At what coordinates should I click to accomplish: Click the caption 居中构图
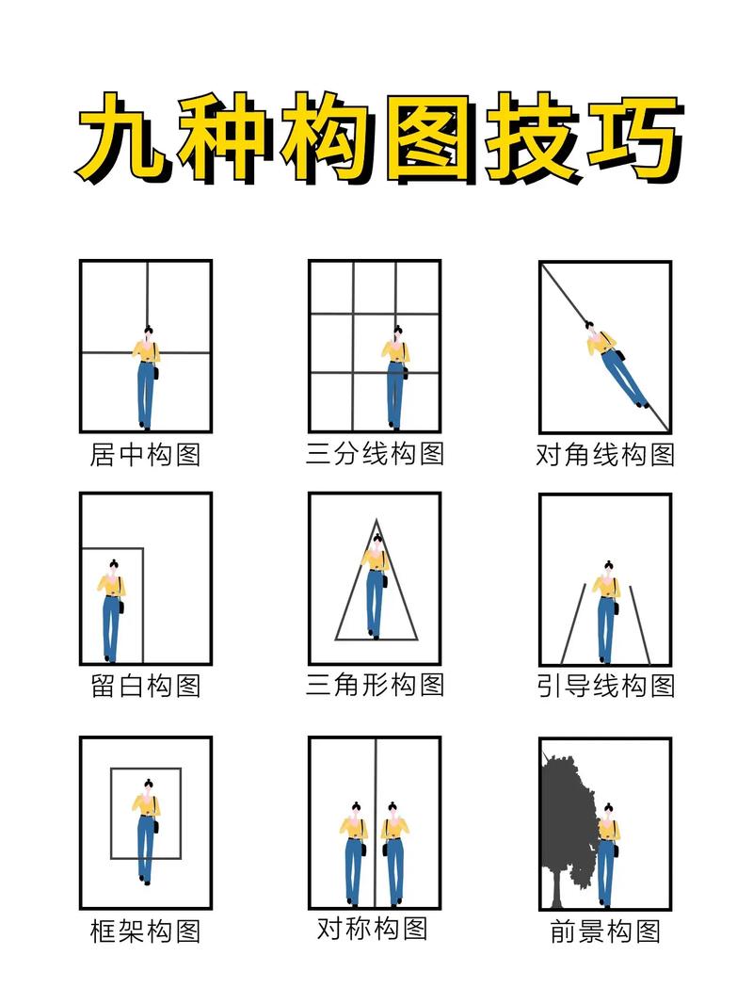pos(145,455)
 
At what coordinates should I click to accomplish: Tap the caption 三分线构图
pos(375,453)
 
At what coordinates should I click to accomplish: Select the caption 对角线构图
pos(604,456)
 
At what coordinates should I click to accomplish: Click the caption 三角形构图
pos(375,684)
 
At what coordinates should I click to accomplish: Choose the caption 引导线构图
pos(604,686)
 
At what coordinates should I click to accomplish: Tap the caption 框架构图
pos(145,931)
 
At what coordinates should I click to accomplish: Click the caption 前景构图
pos(604,932)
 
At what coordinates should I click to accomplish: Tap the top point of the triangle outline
pos(376,520)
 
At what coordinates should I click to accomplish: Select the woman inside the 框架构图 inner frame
pos(146,829)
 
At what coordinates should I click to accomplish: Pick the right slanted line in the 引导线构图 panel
pos(640,623)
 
